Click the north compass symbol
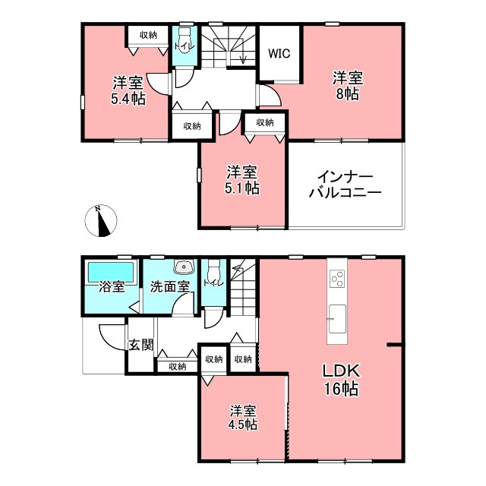[101, 221]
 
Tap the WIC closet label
[279, 53]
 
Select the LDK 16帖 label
[341, 380]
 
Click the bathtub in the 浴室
[111, 272]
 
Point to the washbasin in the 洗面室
[184, 267]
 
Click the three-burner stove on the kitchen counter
[337, 279]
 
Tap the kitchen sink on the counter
[337, 319]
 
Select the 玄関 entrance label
[141, 345]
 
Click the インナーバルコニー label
[345, 185]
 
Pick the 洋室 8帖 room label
[348, 86]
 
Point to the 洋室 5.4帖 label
[128, 90]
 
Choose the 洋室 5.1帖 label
[242, 180]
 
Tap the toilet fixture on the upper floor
[185, 40]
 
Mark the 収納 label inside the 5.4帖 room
[148, 35]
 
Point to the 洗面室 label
[169, 287]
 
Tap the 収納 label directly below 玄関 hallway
[177, 366]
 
